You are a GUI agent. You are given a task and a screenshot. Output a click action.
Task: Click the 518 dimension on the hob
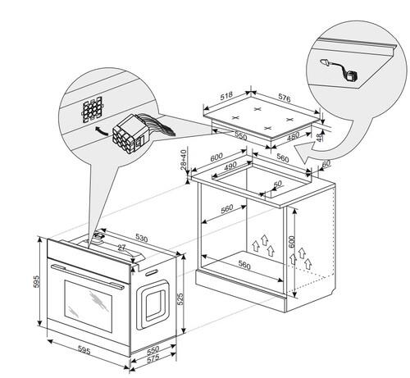(x=226, y=95)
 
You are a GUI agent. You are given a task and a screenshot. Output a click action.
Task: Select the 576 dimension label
(x=285, y=98)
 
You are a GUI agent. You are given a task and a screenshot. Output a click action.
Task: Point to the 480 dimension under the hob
(x=293, y=136)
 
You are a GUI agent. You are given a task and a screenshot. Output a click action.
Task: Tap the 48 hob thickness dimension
(x=320, y=136)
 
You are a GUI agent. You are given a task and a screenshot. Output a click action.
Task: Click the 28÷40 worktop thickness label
(x=184, y=159)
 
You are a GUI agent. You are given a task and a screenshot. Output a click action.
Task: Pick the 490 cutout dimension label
(x=230, y=166)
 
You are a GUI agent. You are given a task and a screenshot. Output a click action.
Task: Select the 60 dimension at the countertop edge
(x=326, y=164)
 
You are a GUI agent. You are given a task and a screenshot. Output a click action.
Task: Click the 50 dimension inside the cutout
(x=277, y=184)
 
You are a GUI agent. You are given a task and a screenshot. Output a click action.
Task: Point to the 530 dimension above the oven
(x=141, y=239)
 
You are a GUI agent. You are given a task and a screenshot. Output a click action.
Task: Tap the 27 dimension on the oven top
(x=121, y=248)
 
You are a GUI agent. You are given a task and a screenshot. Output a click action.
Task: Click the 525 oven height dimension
(x=180, y=299)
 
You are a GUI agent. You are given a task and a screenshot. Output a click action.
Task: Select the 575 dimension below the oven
(x=153, y=359)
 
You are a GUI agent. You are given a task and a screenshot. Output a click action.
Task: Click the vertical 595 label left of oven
(x=36, y=281)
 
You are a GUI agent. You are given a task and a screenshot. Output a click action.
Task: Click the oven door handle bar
(x=87, y=276)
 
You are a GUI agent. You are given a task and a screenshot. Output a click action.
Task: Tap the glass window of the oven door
(x=89, y=306)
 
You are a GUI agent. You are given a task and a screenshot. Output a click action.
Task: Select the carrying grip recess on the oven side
(x=153, y=305)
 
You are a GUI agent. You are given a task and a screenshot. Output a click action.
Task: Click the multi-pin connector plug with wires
(x=129, y=133)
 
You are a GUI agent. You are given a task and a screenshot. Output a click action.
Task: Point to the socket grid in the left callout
(x=93, y=110)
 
